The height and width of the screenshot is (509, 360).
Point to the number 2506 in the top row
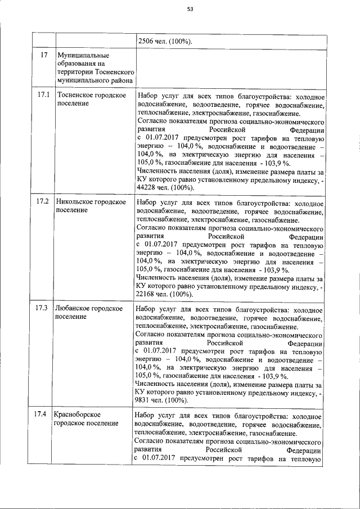click(145, 41)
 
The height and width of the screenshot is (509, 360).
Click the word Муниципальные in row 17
click(83, 56)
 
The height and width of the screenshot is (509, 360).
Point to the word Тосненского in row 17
click(114, 73)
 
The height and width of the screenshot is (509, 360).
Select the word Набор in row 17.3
click(147, 309)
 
